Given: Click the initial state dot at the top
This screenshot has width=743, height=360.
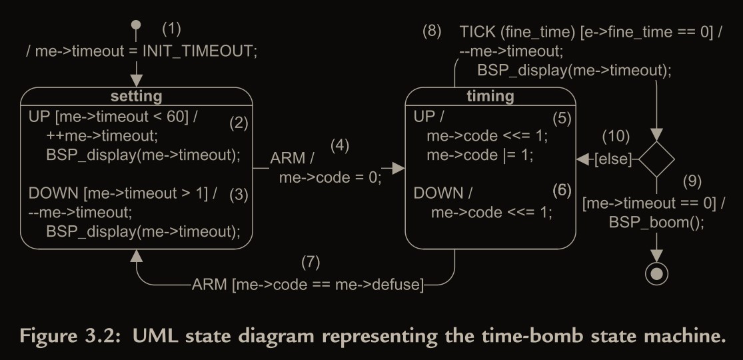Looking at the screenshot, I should point(136,25).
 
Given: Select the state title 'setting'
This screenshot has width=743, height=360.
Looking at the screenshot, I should point(136,97).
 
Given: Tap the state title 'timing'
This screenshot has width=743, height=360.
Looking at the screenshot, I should point(490,96).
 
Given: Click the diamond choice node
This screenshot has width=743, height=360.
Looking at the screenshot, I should point(657,159).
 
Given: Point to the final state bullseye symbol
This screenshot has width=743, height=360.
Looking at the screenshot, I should point(657,272).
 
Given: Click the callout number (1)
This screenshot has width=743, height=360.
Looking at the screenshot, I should point(171,29).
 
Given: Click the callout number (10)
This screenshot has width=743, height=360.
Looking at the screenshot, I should point(615,137).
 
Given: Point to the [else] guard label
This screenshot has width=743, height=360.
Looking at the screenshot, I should point(612,160).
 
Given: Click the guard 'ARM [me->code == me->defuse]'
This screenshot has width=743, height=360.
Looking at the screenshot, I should point(307,285).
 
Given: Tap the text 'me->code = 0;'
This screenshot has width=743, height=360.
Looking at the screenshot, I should point(330,177).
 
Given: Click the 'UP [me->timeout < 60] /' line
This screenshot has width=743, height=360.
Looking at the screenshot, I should point(114,117).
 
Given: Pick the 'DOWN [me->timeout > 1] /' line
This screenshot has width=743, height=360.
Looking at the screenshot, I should point(123,193).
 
